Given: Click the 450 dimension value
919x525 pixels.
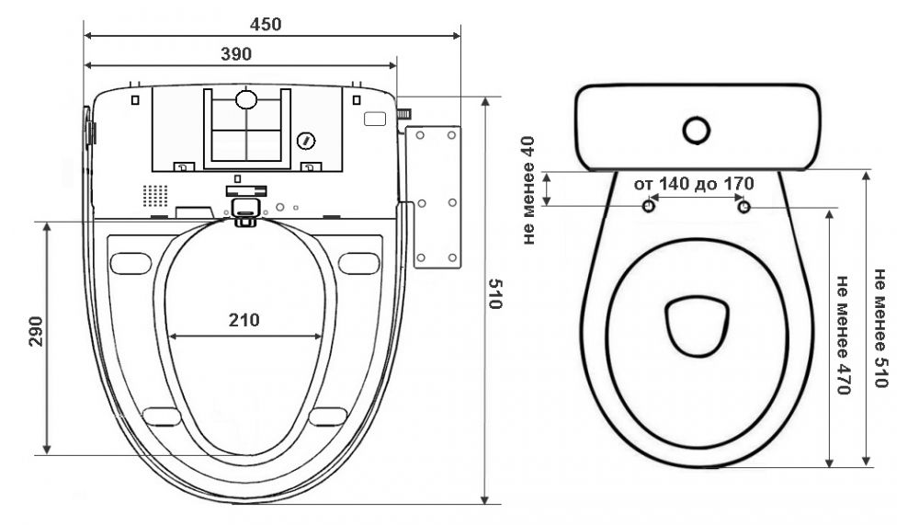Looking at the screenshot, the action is tap(266, 24).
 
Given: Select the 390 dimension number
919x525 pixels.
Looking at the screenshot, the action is tap(236, 54).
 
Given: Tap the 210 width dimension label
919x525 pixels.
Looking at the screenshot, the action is tap(244, 320).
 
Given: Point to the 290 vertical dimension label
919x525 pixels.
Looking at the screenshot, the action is tap(37, 331).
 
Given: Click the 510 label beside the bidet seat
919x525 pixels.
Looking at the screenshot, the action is tap(495, 294).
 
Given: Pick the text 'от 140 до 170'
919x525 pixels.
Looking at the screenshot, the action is tap(694, 184).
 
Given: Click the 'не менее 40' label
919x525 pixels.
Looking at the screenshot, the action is tap(528, 190).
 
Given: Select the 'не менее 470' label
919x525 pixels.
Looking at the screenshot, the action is tap(842, 335).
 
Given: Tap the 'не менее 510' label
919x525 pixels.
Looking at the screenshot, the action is tap(881, 328).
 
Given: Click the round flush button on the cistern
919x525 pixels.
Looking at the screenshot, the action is tap(697, 131).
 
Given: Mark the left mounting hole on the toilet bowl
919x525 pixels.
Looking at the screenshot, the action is tap(649, 207).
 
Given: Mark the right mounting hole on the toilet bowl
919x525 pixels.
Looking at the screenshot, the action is tap(743, 207).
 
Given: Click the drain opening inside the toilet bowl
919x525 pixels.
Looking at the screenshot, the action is tap(697, 326).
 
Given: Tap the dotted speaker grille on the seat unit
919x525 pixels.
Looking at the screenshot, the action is tap(155, 196).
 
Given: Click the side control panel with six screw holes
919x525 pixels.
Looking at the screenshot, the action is tap(437, 197).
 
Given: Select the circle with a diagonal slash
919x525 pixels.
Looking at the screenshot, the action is tap(306, 141).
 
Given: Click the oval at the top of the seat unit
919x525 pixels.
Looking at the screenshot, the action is tap(246, 99).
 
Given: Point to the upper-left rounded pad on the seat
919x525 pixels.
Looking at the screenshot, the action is tap(130, 263).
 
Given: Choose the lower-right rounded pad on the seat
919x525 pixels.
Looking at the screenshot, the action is tap(328, 417).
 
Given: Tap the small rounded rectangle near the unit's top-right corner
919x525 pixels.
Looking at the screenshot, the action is tap(375, 119).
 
